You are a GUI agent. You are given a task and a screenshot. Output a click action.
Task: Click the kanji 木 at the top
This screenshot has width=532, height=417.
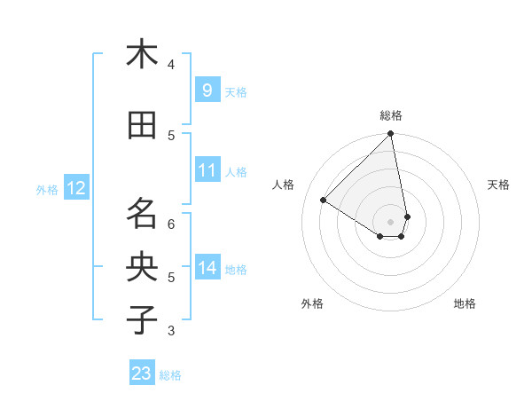tap(142, 54)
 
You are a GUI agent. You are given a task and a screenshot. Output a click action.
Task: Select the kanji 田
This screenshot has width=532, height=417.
tap(142, 126)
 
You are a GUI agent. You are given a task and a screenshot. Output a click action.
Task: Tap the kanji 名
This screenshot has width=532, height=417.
tap(142, 214)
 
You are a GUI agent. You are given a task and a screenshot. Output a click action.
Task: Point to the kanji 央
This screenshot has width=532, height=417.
tap(142, 267)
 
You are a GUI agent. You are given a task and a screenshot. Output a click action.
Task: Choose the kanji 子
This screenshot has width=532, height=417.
tap(142, 320)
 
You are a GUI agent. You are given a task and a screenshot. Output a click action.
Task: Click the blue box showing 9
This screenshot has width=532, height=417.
tap(207, 90)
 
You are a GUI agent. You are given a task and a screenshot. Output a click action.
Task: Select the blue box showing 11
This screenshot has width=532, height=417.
tap(207, 170)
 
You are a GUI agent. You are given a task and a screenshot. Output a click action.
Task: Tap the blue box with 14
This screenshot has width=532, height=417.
tap(207, 268)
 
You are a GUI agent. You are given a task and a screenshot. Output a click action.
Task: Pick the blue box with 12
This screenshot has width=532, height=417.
tap(76, 188)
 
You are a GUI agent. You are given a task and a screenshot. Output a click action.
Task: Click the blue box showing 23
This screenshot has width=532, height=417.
tap(142, 374)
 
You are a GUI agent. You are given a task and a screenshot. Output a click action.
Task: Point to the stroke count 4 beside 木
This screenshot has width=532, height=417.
tap(171, 64)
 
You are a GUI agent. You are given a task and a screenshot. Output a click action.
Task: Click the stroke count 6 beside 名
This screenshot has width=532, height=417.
tap(171, 224)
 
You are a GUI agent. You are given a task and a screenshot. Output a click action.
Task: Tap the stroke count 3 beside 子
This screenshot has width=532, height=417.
tap(171, 331)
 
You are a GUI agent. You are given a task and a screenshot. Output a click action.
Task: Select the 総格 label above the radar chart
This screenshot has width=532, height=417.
tap(391, 115)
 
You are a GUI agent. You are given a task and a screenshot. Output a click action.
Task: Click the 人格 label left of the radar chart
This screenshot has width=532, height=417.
tap(284, 185)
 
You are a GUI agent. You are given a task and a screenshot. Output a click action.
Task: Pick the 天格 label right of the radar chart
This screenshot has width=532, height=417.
tap(498, 185)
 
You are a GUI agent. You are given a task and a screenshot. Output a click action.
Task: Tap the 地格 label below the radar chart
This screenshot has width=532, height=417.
tap(465, 303)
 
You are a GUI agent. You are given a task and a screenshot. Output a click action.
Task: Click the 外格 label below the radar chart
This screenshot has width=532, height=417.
tap(312, 303)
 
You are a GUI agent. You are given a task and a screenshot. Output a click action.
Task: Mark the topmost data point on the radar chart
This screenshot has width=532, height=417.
tap(391, 134)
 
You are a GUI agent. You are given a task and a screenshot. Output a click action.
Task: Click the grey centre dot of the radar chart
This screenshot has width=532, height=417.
tap(391, 221)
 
